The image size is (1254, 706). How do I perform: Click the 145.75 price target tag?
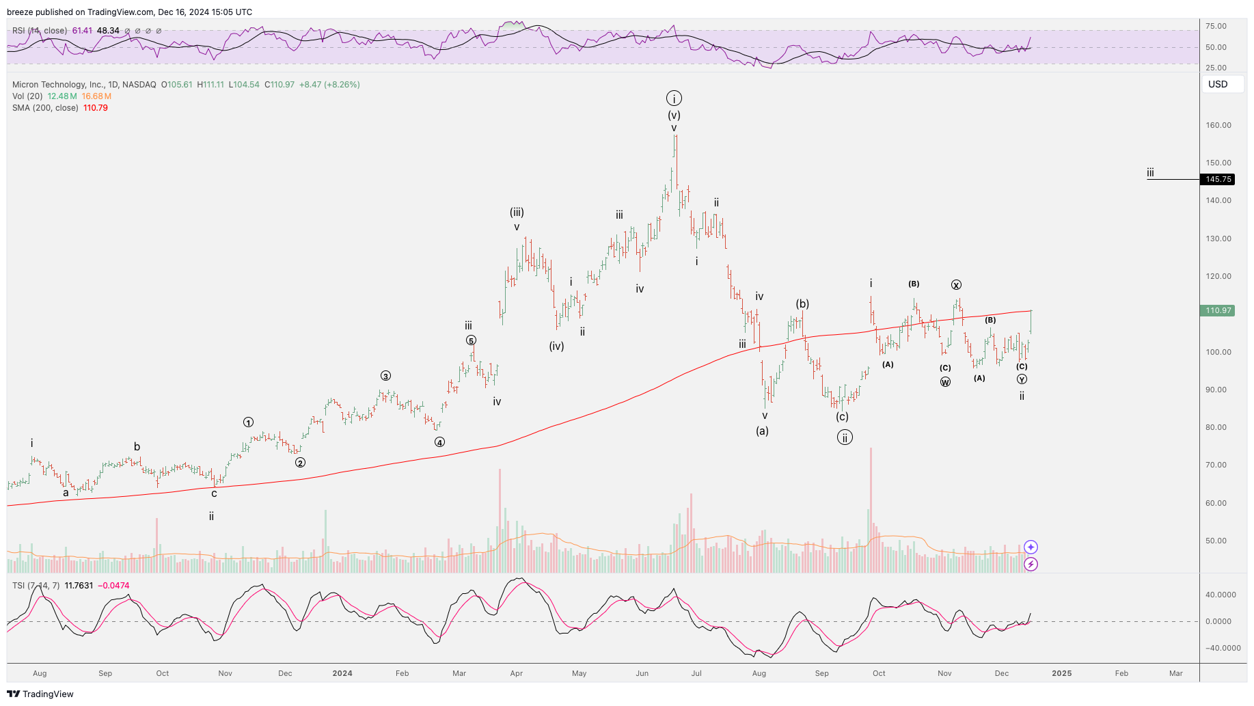[x=1218, y=179]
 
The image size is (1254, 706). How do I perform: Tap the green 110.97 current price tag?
[x=1218, y=310]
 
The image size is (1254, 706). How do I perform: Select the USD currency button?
[x=1218, y=84]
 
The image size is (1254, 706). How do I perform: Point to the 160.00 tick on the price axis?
[x=1218, y=125]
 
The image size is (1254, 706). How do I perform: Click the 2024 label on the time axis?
[x=342, y=673]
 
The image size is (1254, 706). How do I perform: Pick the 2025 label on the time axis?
[x=1061, y=673]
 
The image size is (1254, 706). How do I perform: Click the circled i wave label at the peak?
[x=674, y=98]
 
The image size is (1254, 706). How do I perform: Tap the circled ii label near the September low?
[x=845, y=437]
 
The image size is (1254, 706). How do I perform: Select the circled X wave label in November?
[x=956, y=285]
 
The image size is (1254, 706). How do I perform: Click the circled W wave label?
[x=945, y=382]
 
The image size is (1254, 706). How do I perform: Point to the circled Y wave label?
[x=1022, y=379]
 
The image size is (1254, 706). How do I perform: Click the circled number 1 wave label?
[x=248, y=422]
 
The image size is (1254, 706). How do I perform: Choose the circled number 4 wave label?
[x=439, y=442]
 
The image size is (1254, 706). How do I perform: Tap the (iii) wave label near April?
[x=517, y=213]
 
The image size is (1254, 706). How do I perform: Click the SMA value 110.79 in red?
[x=96, y=108]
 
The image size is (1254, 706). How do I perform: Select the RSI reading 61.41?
[x=82, y=31]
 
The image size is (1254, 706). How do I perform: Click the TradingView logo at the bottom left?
[x=40, y=694]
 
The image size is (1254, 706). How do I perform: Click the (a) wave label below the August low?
[x=762, y=431]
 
